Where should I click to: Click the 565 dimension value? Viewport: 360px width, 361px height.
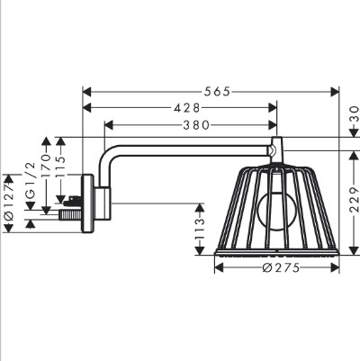coord(217,92)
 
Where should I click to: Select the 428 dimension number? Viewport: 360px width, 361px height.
coord(186,108)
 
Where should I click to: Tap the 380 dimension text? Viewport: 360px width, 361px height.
coord(196,125)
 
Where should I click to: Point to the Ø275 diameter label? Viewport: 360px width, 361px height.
coord(281,267)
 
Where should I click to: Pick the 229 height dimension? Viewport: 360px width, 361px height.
coord(355,199)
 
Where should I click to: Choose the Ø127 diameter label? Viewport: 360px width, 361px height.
coord(9,203)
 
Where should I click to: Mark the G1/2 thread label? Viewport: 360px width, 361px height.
coord(31,180)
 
